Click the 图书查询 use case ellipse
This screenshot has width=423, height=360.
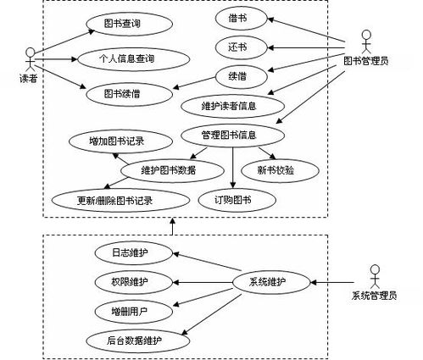point(130,24)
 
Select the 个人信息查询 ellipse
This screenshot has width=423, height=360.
point(134,59)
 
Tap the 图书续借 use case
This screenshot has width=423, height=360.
point(130,94)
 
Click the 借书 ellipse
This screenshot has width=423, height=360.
point(241,19)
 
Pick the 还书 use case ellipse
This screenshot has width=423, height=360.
point(241,47)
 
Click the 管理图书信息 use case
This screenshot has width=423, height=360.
point(232,136)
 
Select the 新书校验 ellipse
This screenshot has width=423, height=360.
point(280,170)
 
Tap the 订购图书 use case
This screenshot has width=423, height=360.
point(237,200)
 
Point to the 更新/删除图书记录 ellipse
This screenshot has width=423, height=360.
point(120,200)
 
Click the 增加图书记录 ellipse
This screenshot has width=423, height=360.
point(120,141)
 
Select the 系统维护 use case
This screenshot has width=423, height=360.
point(271,282)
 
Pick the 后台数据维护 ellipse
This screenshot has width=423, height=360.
point(138,341)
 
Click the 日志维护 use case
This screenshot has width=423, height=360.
point(134,253)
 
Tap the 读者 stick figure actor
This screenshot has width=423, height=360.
point(30,59)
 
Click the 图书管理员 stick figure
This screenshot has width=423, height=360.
point(366,42)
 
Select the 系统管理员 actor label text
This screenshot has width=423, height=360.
point(375,296)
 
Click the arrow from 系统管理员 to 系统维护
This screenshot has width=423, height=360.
point(332,282)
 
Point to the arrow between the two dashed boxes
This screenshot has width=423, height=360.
point(172,226)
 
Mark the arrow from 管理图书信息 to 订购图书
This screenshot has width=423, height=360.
point(233,168)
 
